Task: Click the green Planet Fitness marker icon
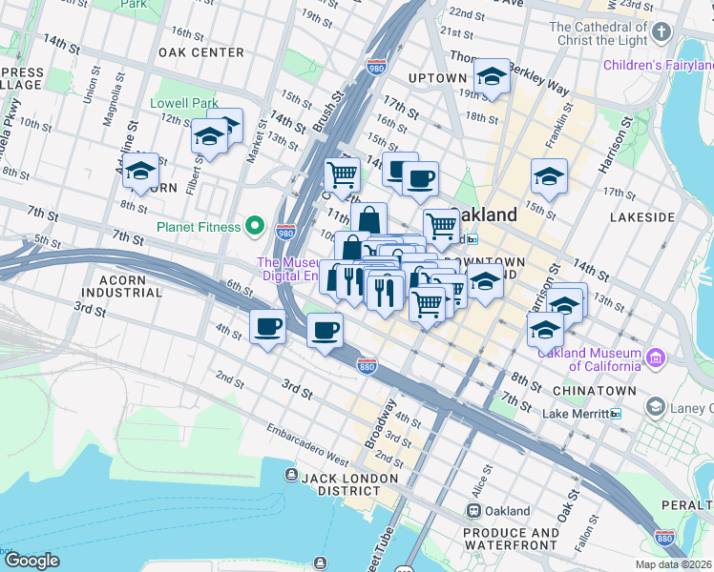254,226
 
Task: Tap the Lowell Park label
184,103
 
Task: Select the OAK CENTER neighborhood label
201,52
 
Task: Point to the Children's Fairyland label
658,65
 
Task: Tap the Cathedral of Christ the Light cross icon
661,34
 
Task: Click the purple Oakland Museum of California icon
655,358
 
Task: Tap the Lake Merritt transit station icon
617,414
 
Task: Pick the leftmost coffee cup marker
267,327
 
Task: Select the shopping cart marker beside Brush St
342,174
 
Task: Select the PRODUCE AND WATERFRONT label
512,539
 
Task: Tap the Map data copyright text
674,564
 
